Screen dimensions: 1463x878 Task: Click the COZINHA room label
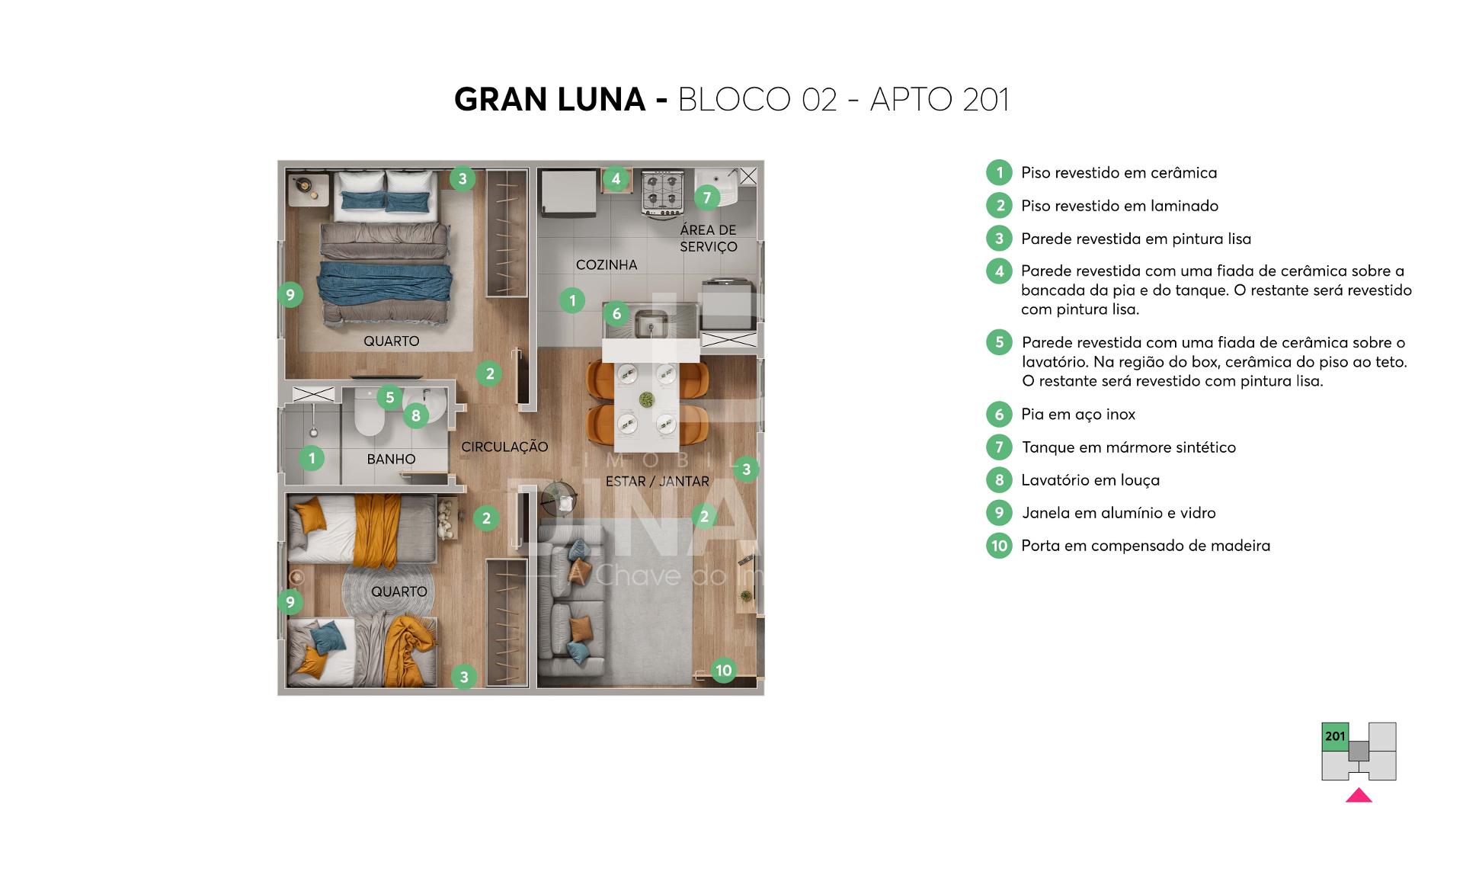[607, 265]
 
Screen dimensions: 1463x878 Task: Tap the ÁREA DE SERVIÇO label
[709, 239]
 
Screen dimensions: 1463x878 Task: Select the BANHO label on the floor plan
[391, 459]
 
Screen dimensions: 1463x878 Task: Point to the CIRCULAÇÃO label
[504, 447]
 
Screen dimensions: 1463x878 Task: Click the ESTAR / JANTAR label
[658, 482]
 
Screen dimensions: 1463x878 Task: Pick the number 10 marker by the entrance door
[723, 671]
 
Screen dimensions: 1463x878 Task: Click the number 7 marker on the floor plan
[707, 198]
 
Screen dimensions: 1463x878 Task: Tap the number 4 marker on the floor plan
[616, 180]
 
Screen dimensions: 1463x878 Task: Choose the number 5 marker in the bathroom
[390, 397]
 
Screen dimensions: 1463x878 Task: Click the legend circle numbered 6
[999, 414]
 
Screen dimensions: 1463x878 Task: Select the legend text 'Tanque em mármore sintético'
[1128, 447]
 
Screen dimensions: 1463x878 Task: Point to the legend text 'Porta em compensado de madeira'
[1146, 546]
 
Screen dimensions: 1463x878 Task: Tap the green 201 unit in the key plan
[1335, 737]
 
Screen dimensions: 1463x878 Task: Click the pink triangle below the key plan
[1359, 796]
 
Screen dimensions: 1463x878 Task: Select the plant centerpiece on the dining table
[646, 399]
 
